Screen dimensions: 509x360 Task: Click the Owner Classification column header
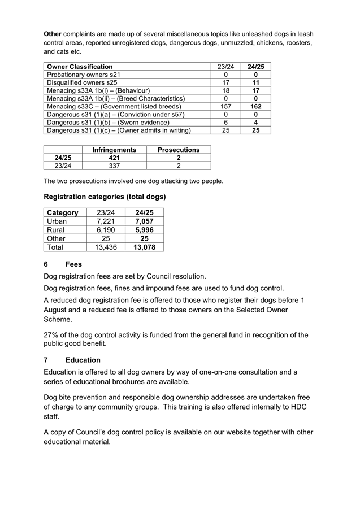pos(80,67)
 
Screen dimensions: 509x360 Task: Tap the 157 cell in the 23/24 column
pos(225,106)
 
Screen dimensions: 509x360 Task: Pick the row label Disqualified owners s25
pos(82,82)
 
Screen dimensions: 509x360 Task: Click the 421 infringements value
pos(114,158)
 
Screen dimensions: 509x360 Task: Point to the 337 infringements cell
pos(114,166)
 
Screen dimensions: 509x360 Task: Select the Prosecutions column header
pos(178,150)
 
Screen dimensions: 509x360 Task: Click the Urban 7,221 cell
pos(106,221)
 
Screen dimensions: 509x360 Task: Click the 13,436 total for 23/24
pos(106,247)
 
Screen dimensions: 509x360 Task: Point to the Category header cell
pos(63,213)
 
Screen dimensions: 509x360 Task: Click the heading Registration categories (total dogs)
pos(105,197)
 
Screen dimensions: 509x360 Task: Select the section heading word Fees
pos(73,264)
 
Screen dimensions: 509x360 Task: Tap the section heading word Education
pos(83,360)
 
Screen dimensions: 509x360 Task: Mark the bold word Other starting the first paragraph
pos(53,34)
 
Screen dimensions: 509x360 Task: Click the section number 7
pos(46,360)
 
